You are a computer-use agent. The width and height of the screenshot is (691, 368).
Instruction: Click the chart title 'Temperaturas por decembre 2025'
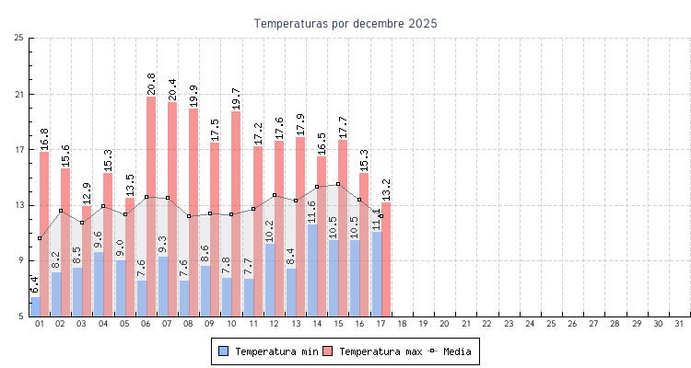pyautogui.click(x=345, y=23)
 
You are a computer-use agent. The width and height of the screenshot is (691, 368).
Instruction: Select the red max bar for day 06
pyautogui.click(x=151, y=206)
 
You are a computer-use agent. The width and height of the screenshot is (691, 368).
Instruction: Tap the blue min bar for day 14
pyautogui.click(x=312, y=270)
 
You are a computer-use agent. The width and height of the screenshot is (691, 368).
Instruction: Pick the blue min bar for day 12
pyautogui.click(x=269, y=280)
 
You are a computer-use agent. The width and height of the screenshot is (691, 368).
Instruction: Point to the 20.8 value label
pyautogui.click(x=151, y=84)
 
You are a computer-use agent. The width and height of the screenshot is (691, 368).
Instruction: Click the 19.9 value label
pyautogui.click(x=193, y=97)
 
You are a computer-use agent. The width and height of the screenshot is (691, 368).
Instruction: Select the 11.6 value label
pyautogui.click(x=312, y=212)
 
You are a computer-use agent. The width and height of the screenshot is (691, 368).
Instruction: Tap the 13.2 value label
pyautogui.click(x=386, y=190)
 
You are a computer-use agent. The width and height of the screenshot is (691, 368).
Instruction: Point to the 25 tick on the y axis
pyautogui.click(x=19, y=38)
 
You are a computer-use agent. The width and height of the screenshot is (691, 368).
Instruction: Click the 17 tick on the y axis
pyautogui.click(x=19, y=149)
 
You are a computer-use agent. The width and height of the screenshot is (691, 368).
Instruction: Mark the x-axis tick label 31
pyautogui.click(x=679, y=324)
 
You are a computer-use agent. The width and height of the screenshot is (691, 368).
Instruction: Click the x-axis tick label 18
pyautogui.click(x=402, y=324)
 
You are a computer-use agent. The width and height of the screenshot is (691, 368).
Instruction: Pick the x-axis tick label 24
pyautogui.click(x=530, y=324)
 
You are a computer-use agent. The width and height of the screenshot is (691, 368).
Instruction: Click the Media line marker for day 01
pyautogui.click(x=40, y=238)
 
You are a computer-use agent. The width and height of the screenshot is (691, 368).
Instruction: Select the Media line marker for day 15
pyautogui.click(x=338, y=184)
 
